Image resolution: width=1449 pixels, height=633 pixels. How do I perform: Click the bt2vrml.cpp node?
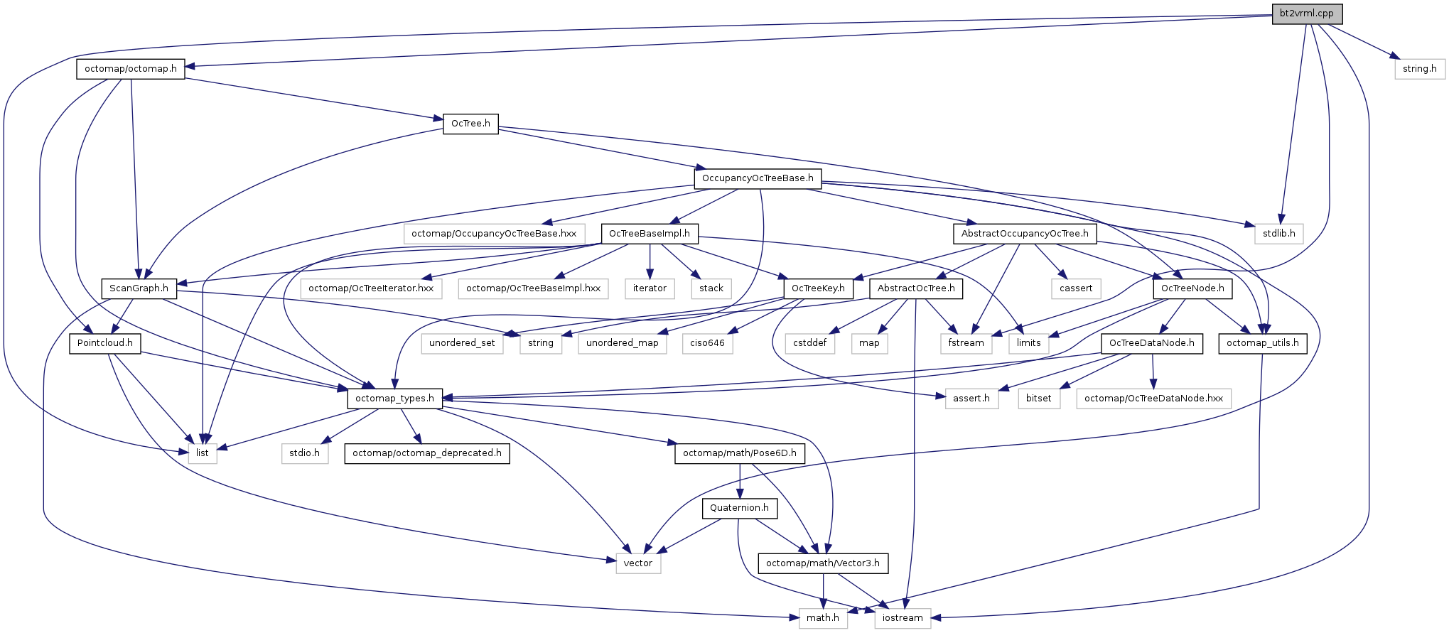pos(1306,13)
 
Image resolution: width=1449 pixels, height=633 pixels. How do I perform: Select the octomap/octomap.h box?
pos(130,69)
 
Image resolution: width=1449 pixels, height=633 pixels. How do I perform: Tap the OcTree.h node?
pos(470,124)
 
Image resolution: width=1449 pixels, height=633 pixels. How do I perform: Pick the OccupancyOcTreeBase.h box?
pos(758,178)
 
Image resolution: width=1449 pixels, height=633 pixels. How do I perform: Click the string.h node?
pos(1419,69)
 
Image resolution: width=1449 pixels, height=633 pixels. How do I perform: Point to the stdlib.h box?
pos(1278,233)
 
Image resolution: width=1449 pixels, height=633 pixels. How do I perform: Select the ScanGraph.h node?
pos(139,288)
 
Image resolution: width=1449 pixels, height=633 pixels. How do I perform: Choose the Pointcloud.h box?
pos(104,343)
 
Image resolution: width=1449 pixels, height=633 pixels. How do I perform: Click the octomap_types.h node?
pos(394,399)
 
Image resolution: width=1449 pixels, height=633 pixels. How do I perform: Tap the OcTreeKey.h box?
pos(818,288)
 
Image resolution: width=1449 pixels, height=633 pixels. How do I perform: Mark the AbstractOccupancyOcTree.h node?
pos(1024,233)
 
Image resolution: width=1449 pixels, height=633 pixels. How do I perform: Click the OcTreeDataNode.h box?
pos(1151,343)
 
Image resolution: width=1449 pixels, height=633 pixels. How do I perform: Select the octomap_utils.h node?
pos(1262,343)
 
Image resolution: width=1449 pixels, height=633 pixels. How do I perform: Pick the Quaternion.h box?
pos(739,508)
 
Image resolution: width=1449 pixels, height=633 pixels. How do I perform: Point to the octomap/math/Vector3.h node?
pos(822,563)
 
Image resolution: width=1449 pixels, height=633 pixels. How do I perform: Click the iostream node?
pos(903,618)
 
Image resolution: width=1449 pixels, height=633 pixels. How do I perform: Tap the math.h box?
pos(822,618)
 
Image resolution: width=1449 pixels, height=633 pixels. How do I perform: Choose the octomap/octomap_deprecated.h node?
pos(426,453)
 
